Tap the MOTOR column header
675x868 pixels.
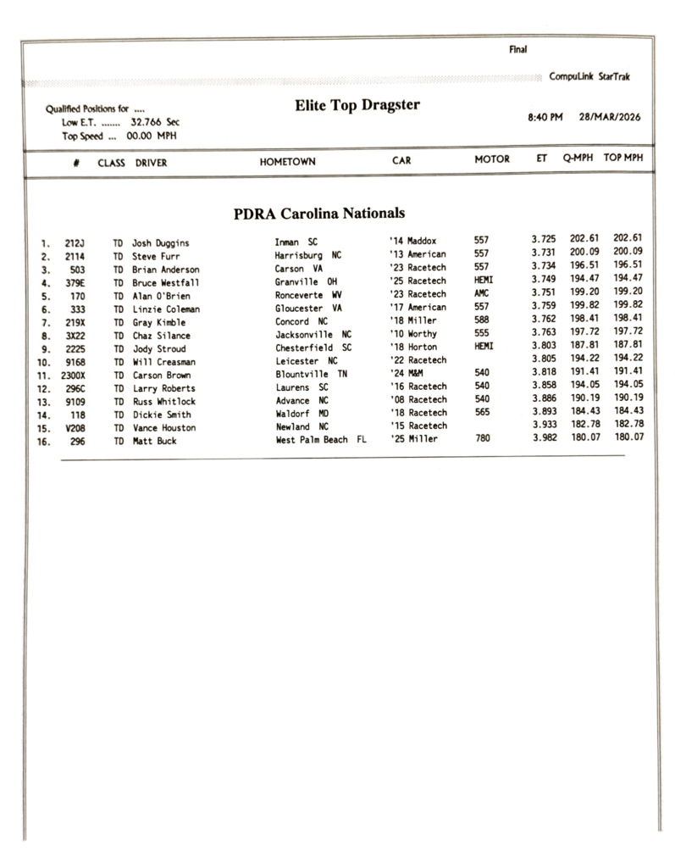[x=492, y=159]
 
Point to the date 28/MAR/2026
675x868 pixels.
[x=610, y=118]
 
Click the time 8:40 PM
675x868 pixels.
[x=545, y=118]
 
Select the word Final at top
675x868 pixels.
[x=517, y=49]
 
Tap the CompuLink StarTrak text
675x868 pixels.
[x=589, y=77]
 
